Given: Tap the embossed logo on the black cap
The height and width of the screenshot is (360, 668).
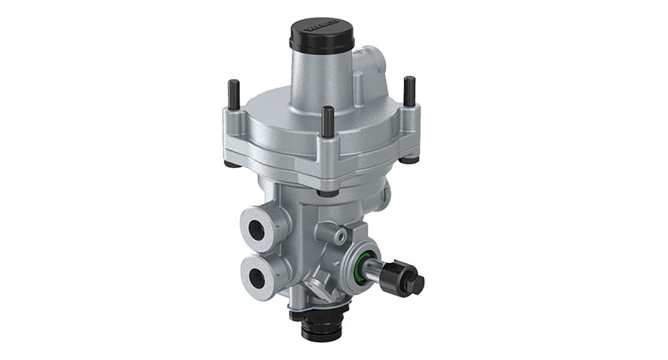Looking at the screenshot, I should (322, 27).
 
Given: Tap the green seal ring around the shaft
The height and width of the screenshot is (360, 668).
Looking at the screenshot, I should (361, 269).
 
